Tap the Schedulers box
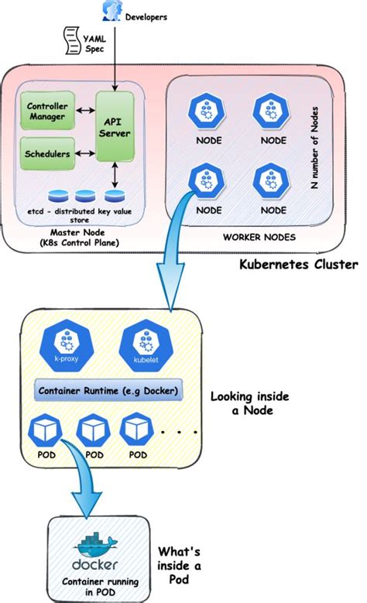click(x=46, y=154)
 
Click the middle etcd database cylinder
click(x=81, y=197)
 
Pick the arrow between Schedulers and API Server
click(x=82, y=154)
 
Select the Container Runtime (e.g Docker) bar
click(x=107, y=392)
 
